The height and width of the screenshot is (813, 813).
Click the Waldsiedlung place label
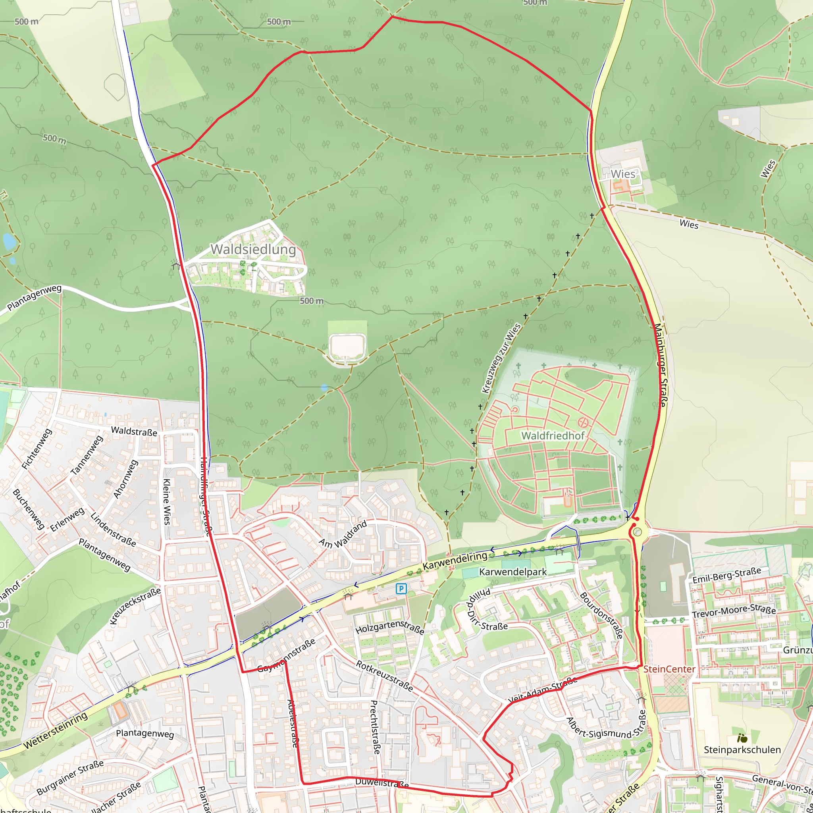coord(253,249)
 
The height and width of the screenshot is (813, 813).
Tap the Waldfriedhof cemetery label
coord(553,436)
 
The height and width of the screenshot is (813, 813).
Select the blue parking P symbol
coord(401,589)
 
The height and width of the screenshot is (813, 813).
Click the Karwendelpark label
coord(512,572)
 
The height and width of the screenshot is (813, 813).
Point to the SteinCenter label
coord(669,669)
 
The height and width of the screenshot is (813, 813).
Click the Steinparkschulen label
coord(742,749)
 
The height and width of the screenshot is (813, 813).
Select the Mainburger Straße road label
coord(659,365)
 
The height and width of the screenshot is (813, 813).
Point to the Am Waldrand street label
coord(343,535)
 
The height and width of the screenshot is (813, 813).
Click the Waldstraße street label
coord(134,432)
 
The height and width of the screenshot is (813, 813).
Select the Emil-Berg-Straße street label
coord(727,575)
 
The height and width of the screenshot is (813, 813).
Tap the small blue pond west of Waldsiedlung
coord(8,241)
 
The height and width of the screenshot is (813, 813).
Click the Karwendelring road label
coord(455,561)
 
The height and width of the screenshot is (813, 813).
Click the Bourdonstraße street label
coord(601,616)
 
